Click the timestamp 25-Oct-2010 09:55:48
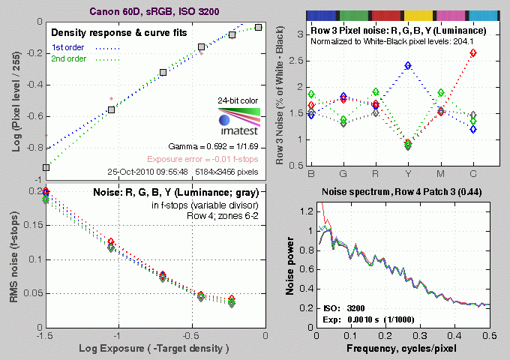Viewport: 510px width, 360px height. (x=150, y=171)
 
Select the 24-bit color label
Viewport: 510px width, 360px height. (x=236, y=100)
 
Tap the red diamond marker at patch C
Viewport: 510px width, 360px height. (x=472, y=53)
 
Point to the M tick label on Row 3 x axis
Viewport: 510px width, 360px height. (x=440, y=176)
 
